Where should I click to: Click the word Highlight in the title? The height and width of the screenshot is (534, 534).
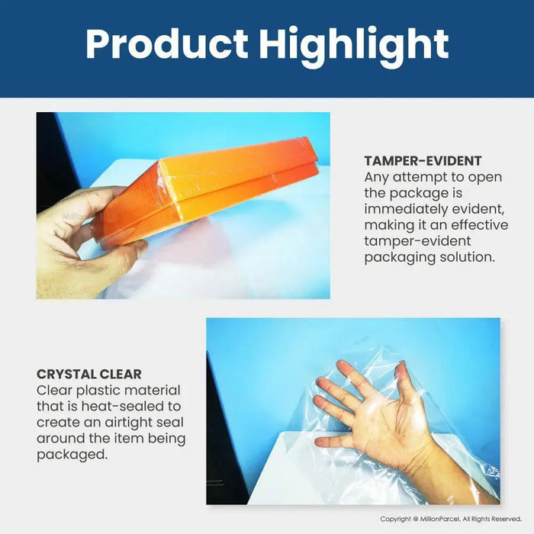[353, 45]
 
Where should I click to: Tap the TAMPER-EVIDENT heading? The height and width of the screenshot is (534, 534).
[422, 161]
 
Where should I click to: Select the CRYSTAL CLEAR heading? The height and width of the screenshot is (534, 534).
[88, 374]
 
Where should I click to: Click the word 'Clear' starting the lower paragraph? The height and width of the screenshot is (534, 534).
[55, 390]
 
